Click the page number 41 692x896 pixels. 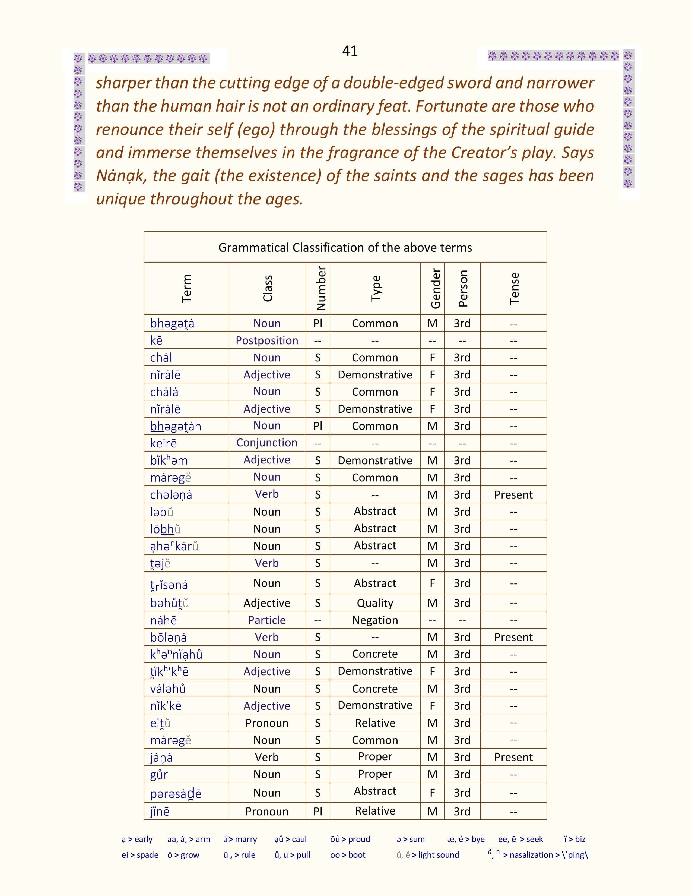click(x=350, y=51)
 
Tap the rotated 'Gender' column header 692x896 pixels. click(x=435, y=288)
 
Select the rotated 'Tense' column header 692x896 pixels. click(x=514, y=288)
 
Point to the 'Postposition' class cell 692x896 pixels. click(x=267, y=340)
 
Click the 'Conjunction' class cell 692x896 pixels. click(x=267, y=443)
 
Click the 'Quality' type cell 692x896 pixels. click(x=375, y=603)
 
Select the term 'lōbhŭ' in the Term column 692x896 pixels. click(x=165, y=529)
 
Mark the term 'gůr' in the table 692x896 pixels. click(x=159, y=775)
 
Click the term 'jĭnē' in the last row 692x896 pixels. click(x=160, y=812)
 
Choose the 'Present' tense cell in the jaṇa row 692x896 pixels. click(x=513, y=757)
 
